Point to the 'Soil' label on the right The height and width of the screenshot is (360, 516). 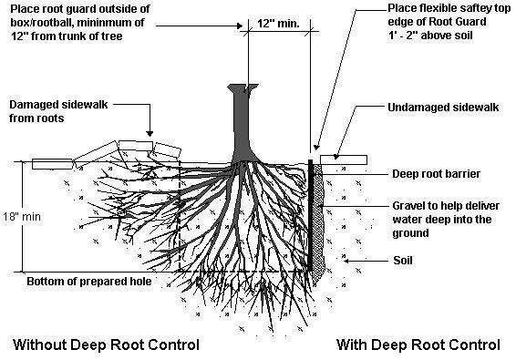(404, 260)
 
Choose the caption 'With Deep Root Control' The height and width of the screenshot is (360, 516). (418, 345)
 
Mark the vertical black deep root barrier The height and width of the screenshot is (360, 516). (310, 219)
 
